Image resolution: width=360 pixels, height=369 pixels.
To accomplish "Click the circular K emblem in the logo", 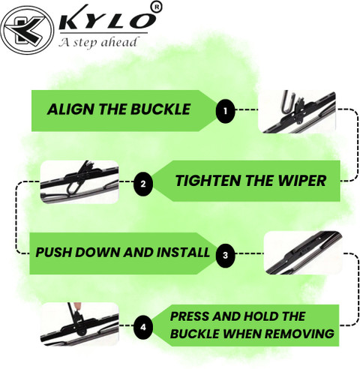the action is pos(27,30).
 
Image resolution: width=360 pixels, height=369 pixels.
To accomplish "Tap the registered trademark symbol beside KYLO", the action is pos(157,7).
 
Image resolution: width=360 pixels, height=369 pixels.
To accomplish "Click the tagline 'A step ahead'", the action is pos(98,42).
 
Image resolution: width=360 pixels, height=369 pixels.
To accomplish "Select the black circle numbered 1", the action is pos(225,111).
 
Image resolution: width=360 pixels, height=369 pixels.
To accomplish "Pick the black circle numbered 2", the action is pos(143,184).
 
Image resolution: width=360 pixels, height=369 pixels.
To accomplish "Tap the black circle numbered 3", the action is pos(226,255).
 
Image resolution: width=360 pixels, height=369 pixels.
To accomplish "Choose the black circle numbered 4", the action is pos(143,327).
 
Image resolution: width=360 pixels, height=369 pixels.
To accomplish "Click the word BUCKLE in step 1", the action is pos(160,109).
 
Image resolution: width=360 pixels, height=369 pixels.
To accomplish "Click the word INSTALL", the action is pos(183,252).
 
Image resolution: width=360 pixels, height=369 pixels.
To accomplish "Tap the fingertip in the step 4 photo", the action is pos(78,306).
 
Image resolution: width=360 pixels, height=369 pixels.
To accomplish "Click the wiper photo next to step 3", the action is pos(303,253).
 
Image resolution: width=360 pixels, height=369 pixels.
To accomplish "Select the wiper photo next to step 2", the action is pos(79,181).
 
